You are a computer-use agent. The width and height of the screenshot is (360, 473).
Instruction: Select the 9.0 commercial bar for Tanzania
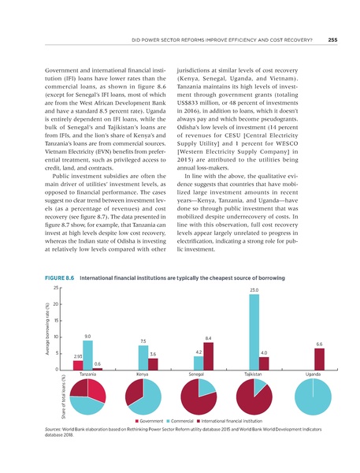[87, 355]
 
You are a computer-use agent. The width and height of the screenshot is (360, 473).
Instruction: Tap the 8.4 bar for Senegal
[209, 355]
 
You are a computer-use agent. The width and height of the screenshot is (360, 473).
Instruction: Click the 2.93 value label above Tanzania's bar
[77, 356]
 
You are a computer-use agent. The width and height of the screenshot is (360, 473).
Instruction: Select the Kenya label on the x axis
[143, 374]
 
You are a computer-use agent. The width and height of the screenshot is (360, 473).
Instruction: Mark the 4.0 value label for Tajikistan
[265, 352]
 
